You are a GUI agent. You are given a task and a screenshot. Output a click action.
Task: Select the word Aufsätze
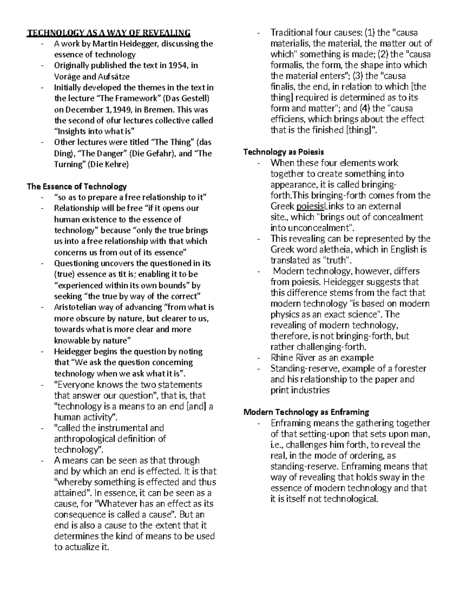(114, 76)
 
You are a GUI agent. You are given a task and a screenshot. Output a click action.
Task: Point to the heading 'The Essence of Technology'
(76, 187)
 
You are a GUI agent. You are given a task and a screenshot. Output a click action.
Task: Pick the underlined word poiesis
(310, 206)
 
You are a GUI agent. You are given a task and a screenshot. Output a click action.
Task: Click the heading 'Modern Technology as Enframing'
(306, 412)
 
